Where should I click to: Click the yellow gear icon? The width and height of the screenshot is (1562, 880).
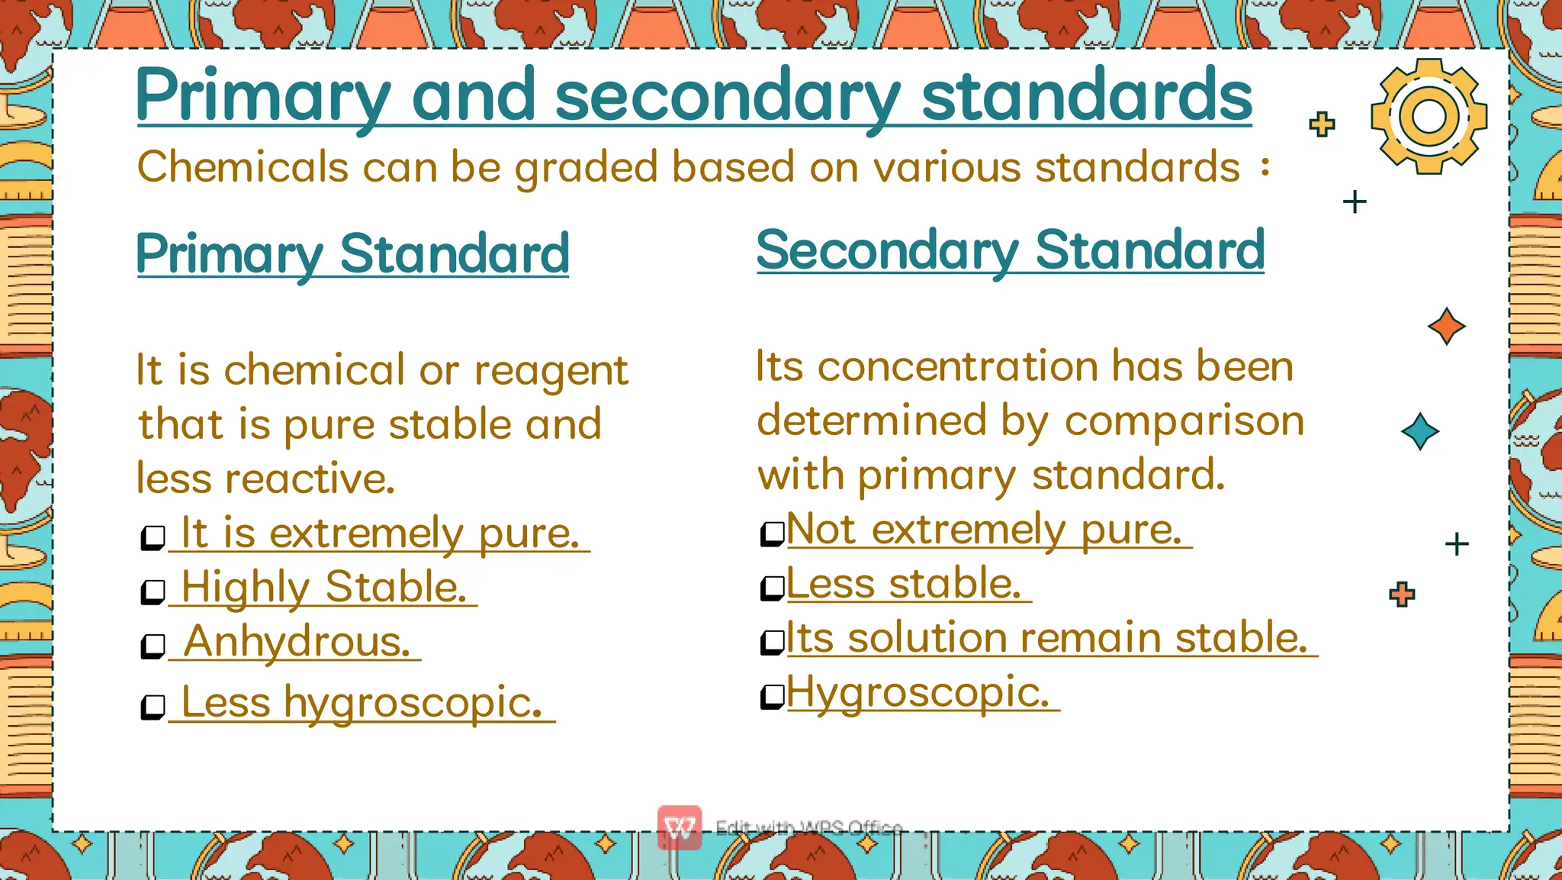coord(1429,116)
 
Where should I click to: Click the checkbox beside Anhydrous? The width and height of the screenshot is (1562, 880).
coord(153,646)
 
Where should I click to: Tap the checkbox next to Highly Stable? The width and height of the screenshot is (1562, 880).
coord(153,592)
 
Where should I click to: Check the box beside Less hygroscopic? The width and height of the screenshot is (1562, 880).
coord(153,707)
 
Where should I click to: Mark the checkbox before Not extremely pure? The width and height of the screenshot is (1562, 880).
coord(773,533)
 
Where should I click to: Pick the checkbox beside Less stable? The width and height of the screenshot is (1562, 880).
coord(773,588)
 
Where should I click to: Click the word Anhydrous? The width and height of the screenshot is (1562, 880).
coord(297,641)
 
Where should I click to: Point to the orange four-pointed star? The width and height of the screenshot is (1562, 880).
coord(1446,327)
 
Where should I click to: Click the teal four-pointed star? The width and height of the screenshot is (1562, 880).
coord(1420,431)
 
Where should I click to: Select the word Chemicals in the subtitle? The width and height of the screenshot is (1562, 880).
coord(243,167)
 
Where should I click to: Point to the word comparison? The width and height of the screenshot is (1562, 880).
coord(1184,421)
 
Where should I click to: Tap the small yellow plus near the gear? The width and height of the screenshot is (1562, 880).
coord(1322,124)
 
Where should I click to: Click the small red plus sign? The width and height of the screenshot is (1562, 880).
coord(1402,594)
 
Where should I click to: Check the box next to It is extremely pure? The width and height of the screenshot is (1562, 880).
coord(153,537)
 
